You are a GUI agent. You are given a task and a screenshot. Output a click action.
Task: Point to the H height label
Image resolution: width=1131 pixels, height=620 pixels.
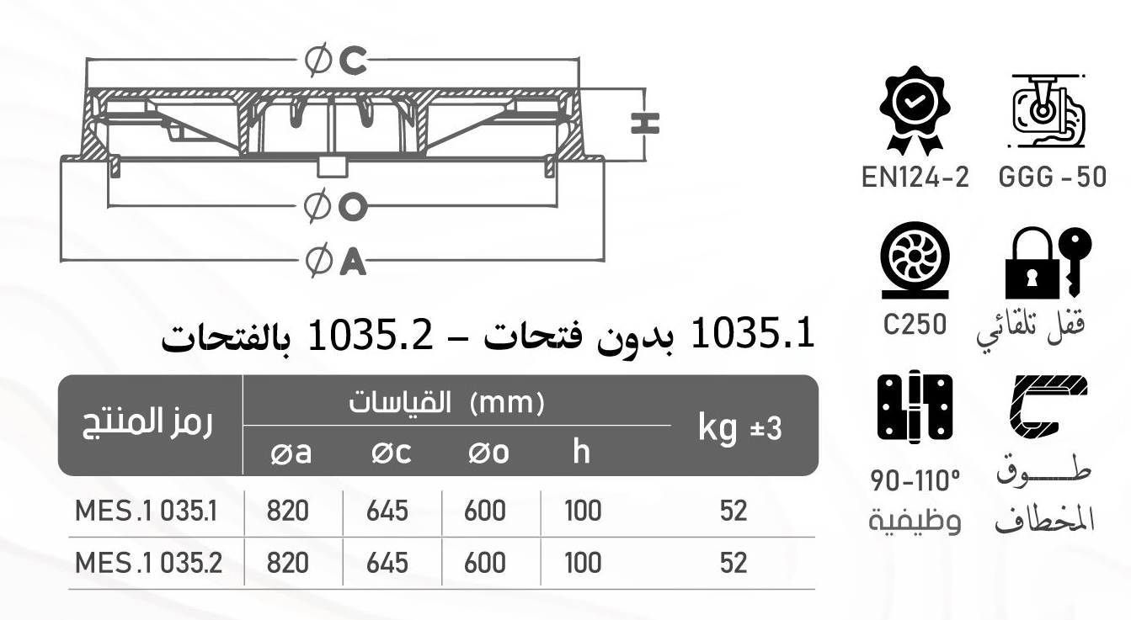645,124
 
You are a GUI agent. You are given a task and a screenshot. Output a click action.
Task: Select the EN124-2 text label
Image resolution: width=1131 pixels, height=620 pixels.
915,178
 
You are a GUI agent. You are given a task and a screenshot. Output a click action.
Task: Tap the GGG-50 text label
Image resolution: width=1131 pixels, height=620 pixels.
1052,178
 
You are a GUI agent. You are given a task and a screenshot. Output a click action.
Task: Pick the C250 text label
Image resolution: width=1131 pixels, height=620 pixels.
915,324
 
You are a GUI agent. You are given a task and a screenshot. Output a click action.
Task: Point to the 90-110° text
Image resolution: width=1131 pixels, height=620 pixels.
915,483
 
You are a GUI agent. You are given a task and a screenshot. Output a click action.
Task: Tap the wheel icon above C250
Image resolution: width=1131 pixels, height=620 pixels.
915,262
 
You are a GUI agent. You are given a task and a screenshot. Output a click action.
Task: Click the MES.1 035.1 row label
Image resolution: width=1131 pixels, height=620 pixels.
147,511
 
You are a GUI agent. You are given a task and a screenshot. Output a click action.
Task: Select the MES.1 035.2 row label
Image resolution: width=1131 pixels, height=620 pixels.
148,563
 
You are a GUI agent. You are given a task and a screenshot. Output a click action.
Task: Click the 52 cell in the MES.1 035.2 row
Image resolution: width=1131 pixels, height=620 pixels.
734,563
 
